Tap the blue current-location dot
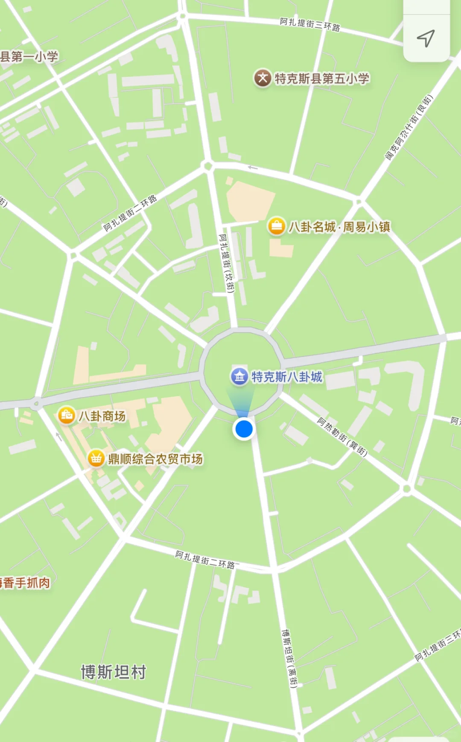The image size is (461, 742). point(244,428)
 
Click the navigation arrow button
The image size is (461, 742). point(426,38)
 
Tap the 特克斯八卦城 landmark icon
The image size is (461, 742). point(239,376)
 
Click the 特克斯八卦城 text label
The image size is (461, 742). point(287,377)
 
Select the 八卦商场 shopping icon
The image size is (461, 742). point(67,415)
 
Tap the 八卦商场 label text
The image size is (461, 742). point(102,416)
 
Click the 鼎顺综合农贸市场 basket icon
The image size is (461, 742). point(96,458)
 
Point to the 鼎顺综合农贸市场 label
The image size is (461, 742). point(155,459)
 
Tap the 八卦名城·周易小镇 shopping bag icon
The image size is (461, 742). point(276,226)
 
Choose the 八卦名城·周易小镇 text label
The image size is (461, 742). point(339,227)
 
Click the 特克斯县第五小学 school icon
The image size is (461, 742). point(263,78)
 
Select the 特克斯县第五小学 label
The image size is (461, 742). point(322,79)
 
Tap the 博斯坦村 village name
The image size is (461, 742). point(114,672)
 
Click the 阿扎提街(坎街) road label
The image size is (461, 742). point(227,263)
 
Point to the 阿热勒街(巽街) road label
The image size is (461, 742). point(342,437)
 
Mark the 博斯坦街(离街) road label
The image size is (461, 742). point(289,658)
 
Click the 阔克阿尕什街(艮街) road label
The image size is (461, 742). point(409,127)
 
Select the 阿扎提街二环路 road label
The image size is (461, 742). point(205,560)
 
